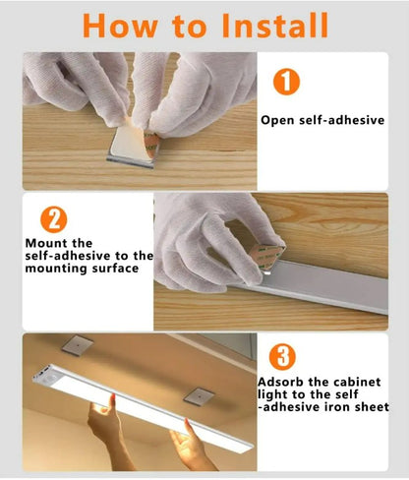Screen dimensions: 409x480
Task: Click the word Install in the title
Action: (x=274, y=26)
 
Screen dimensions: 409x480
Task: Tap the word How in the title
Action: (x=120, y=26)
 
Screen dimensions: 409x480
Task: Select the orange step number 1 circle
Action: (x=286, y=82)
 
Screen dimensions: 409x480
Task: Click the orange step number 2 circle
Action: (x=54, y=219)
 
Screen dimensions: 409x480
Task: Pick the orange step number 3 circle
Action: (x=282, y=357)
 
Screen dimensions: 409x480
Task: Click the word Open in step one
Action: (x=277, y=120)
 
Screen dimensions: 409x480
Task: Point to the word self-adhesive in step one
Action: (x=342, y=120)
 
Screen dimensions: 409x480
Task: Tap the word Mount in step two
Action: (x=47, y=243)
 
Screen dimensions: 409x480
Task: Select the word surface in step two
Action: (x=115, y=269)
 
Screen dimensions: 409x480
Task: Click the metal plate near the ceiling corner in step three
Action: (x=78, y=345)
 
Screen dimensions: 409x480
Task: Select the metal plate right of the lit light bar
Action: (x=199, y=396)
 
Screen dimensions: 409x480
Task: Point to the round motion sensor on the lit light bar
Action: (x=50, y=380)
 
